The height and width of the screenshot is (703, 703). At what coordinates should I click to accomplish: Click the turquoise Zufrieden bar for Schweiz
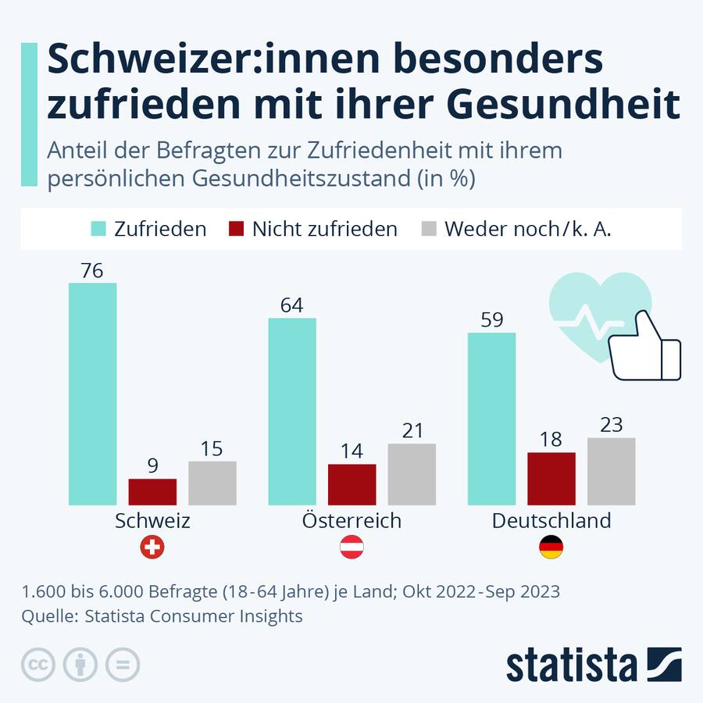pos(92,394)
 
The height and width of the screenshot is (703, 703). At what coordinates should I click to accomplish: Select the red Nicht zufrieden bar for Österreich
pos(351,484)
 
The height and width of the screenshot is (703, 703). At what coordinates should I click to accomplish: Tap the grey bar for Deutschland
pos(611,471)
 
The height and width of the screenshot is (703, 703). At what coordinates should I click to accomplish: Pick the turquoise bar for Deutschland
pos(491,419)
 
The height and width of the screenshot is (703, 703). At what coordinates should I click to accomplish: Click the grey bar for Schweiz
pos(212,483)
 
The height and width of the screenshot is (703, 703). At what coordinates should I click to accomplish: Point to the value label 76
pos(92,270)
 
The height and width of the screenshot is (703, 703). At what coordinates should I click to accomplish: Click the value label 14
pos(351,451)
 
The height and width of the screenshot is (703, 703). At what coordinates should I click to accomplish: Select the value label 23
pos(611,425)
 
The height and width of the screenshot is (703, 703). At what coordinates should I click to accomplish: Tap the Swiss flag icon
pos(152,548)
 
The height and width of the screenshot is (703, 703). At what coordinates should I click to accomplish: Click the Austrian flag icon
pos(351,548)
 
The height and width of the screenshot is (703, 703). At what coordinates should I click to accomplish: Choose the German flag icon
pos(551,548)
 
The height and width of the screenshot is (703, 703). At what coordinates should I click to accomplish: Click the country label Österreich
pos(351,521)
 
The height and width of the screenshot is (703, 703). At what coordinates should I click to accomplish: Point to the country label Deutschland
pos(551,521)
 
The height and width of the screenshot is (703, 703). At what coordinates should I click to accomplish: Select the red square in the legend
pos(236,229)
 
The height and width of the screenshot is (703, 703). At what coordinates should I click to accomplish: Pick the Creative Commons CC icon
pos(37,665)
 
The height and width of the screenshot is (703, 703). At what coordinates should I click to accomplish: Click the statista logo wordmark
pos(571,665)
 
